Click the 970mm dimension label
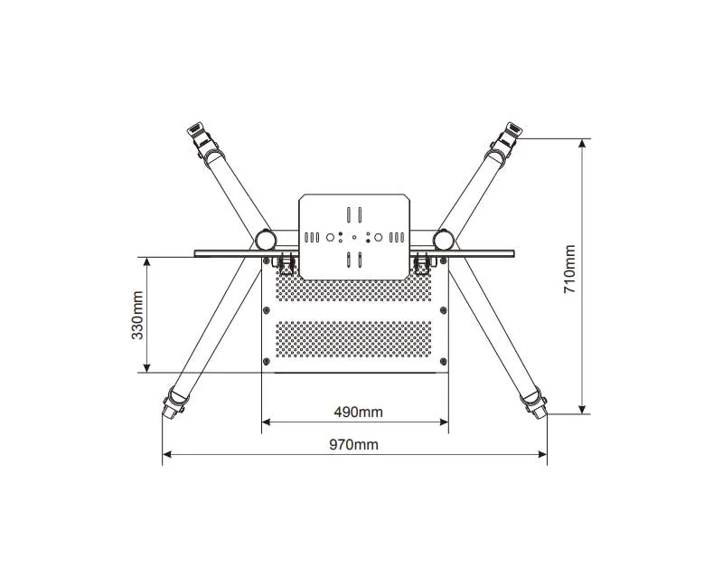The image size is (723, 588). (353, 444)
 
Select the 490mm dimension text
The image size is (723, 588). (358, 412)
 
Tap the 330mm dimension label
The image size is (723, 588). (137, 315)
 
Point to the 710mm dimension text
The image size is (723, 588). (570, 269)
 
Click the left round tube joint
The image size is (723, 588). (266, 240)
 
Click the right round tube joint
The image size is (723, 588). (444, 240)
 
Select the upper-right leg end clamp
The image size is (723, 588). (506, 139)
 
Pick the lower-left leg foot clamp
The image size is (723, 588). (174, 402)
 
